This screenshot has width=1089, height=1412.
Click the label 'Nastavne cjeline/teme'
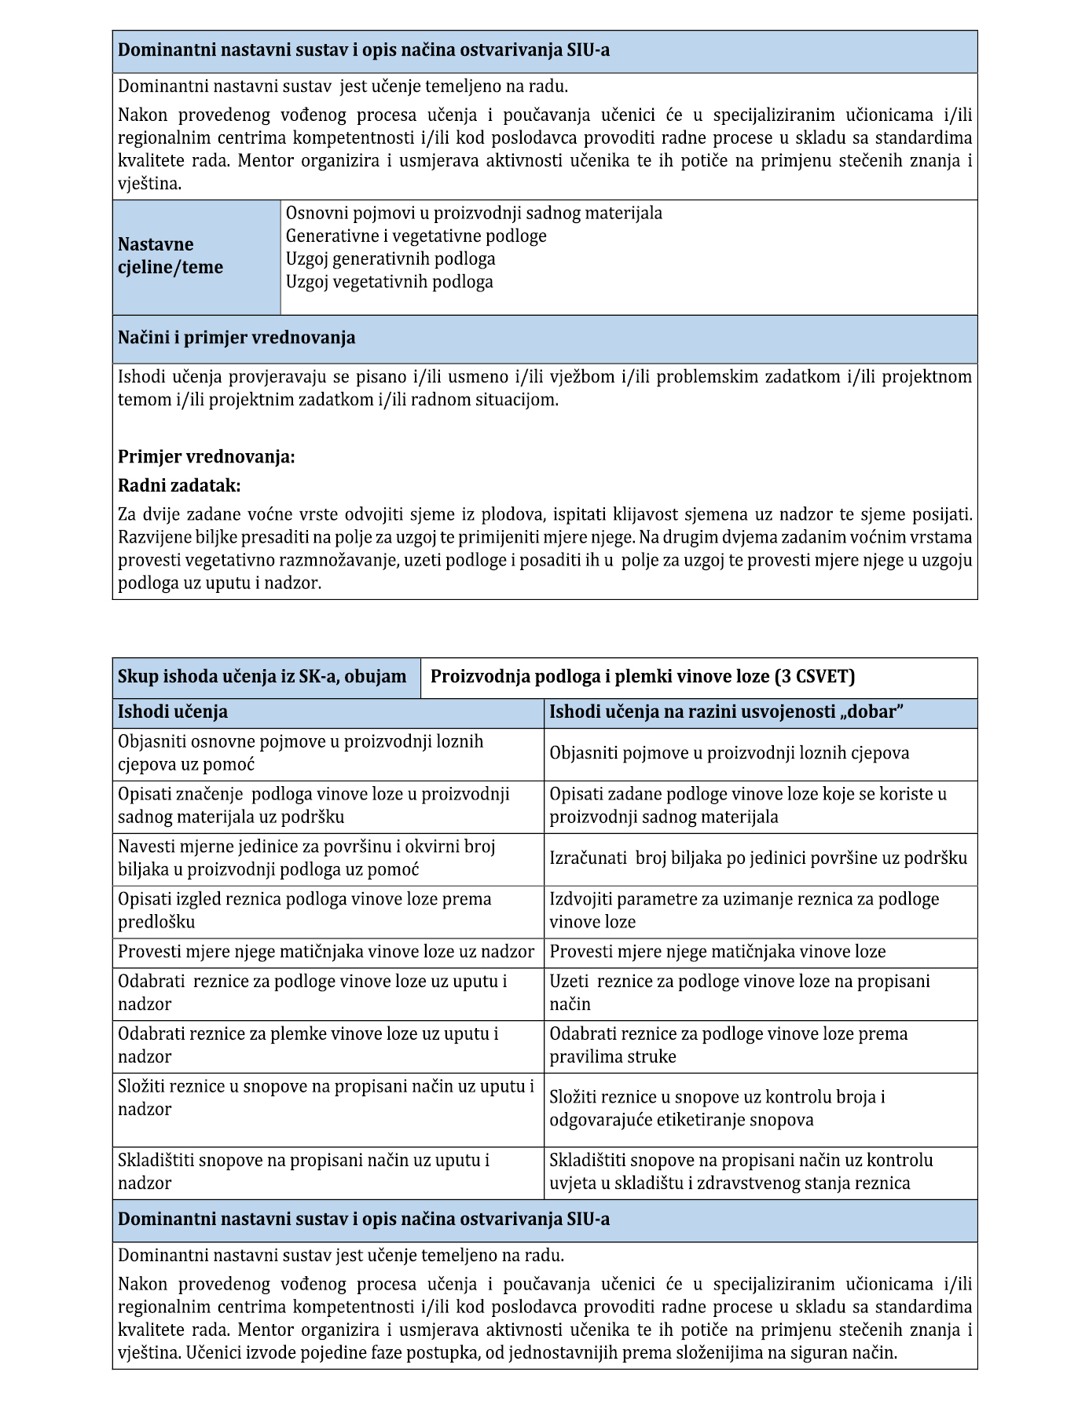(170, 256)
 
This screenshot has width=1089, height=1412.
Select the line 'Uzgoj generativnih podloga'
(390, 259)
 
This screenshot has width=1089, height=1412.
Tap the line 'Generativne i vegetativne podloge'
(416, 236)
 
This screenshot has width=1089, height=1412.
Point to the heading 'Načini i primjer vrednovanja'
(236, 338)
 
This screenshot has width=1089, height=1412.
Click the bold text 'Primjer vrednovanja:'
(207, 457)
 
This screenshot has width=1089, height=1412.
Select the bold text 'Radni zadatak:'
(179, 486)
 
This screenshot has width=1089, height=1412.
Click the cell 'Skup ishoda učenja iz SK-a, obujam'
(262, 677)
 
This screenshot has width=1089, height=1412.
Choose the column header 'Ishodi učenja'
(173, 712)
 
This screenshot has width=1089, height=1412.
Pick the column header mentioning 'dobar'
(726, 712)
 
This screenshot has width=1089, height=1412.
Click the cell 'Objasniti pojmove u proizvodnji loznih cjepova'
(729, 754)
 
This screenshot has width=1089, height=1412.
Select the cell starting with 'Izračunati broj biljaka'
(758, 858)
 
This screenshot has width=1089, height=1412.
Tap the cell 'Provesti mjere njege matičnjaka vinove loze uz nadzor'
(326, 953)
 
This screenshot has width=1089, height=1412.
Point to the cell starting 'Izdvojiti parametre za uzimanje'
(744, 911)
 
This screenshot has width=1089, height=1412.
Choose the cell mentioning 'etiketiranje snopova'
(717, 1109)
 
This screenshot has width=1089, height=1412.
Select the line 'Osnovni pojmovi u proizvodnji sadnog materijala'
(474, 214)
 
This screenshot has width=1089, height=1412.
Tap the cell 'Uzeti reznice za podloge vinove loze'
(739, 993)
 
